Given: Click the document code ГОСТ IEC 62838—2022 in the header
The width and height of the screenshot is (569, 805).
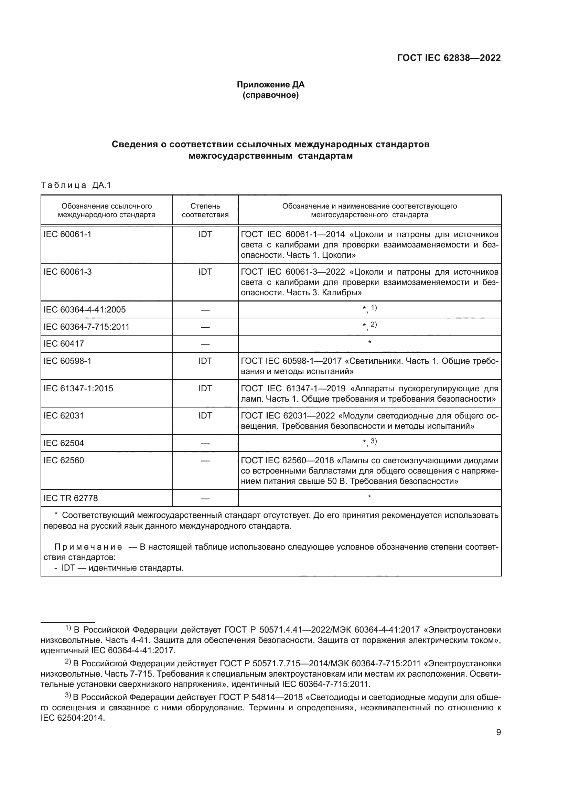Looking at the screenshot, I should pyautogui.click(x=449, y=58).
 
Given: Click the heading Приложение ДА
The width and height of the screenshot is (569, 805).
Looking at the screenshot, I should pyautogui.click(x=270, y=85).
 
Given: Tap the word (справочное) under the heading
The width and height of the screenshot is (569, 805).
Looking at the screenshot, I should pyautogui.click(x=270, y=95).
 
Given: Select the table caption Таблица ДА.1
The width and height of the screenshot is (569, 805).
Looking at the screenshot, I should pyautogui.click(x=76, y=185).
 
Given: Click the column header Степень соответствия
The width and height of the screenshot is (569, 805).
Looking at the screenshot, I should pyautogui.click(x=205, y=210).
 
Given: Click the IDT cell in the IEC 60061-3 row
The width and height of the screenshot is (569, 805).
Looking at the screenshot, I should pyautogui.click(x=205, y=272).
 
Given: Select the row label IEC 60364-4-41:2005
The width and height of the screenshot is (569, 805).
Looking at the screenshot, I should pyautogui.click(x=84, y=310).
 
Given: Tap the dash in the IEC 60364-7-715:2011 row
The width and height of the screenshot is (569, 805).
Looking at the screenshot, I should pyautogui.click(x=205, y=327).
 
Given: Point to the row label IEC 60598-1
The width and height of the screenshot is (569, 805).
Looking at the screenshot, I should pyautogui.click(x=67, y=361).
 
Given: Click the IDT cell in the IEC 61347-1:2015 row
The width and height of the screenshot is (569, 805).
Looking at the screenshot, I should pyautogui.click(x=205, y=389).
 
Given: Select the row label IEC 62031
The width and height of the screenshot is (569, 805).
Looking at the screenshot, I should pyautogui.click(x=64, y=416).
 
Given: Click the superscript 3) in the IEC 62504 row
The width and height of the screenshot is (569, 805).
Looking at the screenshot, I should pyautogui.click(x=374, y=441).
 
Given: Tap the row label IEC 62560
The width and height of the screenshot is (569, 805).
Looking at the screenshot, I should pyautogui.click(x=64, y=460).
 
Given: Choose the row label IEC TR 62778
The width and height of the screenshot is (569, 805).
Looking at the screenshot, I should pyautogui.click(x=71, y=498).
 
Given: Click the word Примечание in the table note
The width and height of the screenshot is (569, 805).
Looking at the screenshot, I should pyautogui.click(x=88, y=547).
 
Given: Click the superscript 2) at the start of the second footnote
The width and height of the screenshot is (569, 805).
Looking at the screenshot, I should pyautogui.click(x=68, y=662).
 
